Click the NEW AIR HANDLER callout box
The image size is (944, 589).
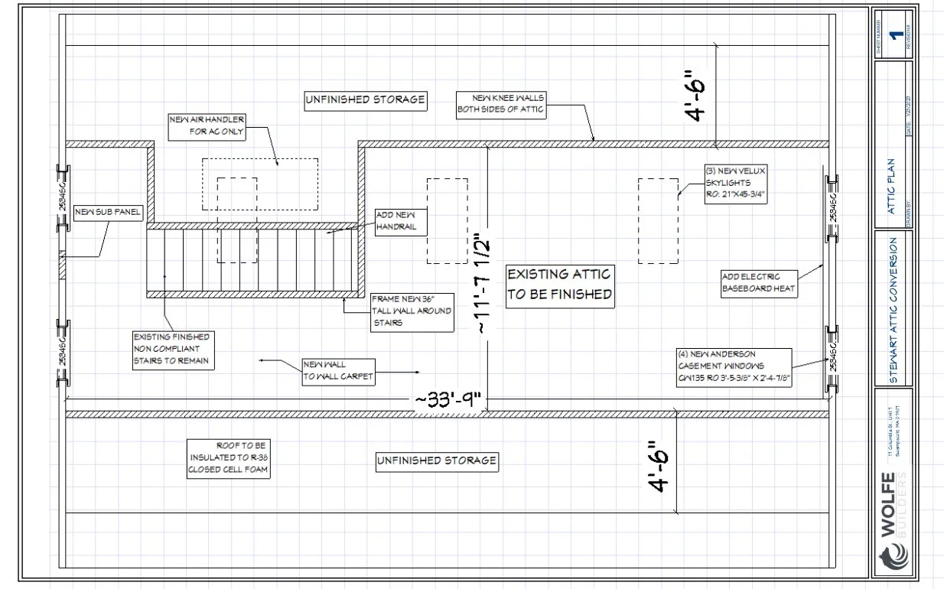coord(207,126)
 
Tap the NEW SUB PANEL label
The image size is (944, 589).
coord(108,212)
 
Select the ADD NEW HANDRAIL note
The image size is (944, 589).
coord(400,222)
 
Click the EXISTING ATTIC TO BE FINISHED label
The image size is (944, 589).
coord(560,284)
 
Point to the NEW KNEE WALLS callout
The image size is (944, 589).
coord(501,104)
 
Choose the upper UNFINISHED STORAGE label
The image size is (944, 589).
coord(365,99)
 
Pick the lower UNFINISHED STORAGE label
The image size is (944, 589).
coord(437,460)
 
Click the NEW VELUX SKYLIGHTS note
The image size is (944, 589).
coord(735,183)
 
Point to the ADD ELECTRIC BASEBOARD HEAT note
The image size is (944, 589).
coord(760,283)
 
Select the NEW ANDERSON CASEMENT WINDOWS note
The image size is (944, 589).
coord(733,366)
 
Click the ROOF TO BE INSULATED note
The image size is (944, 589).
coord(229,458)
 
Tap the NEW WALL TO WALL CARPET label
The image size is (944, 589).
coord(338,370)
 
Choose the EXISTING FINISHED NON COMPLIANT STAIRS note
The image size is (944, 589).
coord(172,350)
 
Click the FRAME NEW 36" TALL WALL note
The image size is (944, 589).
coord(411,311)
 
